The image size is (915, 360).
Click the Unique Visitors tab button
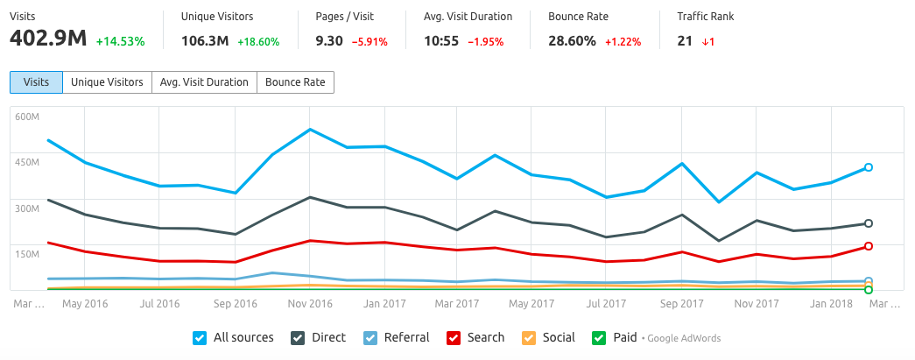[107, 82]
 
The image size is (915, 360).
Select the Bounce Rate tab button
[294, 82]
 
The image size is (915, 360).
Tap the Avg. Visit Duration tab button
[204, 82]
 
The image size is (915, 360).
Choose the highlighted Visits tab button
[36, 82]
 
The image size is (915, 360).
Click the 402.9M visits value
[48, 40]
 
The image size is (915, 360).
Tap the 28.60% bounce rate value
[573, 40]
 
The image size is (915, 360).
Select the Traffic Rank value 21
[686, 40]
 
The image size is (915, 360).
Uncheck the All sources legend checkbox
[199, 337]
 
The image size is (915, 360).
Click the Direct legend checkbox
[298, 337]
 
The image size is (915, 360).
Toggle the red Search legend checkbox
[454, 337]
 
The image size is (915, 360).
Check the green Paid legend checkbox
[599, 337]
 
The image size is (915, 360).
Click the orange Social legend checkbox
[528, 337]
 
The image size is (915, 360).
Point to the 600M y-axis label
[26, 116]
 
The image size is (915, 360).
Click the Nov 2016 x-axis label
[310, 304]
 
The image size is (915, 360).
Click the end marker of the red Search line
[868, 246]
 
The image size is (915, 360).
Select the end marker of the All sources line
[868, 167]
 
